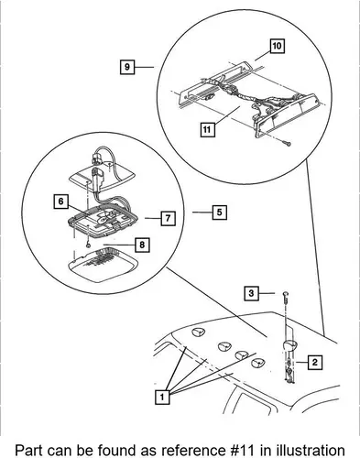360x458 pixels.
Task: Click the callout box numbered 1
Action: [x=162, y=397]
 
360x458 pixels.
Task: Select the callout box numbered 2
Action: [x=315, y=363]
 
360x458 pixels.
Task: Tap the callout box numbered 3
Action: [x=251, y=293]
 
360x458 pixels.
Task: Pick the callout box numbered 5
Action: [x=220, y=213]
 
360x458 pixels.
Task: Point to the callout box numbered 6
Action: [x=61, y=202]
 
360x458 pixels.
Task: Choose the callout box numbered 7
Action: [x=169, y=218]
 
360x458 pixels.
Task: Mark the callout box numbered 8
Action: [x=142, y=245]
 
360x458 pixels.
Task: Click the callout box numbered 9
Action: [x=127, y=67]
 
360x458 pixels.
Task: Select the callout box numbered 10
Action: [x=278, y=46]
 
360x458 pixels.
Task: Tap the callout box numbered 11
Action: [x=207, y=130]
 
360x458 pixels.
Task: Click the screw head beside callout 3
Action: [x=286, y=294]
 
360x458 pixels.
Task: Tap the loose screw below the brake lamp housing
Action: [x=288, y=143]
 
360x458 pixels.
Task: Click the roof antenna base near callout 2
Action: [x=289, y=345]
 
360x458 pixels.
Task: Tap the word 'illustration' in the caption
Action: [x=311, y=450]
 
